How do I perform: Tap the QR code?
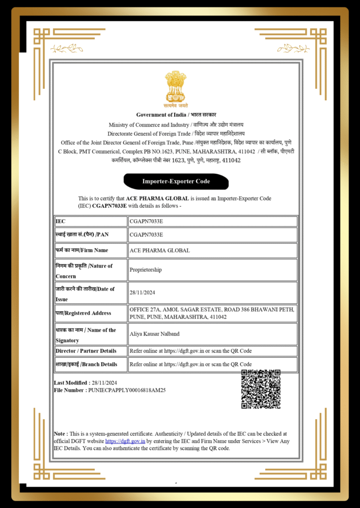point(261,389)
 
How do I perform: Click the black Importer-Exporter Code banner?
point(176,182)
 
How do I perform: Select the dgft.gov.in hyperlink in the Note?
point(125,441)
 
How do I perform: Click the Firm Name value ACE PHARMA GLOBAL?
point(159,251)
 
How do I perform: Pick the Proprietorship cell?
point(145,270)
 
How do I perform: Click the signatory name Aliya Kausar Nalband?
point(154,334)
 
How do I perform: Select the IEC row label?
point(61,221)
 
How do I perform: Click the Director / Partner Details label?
point(86,351)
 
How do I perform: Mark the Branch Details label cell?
point(86,364)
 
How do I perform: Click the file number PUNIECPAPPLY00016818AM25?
point(127,390)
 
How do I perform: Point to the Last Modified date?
point(104,383)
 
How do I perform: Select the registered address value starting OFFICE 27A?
point(212,313)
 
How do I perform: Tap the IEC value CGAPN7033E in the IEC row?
point(146,221)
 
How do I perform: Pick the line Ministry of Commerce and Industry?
point(149,125)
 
